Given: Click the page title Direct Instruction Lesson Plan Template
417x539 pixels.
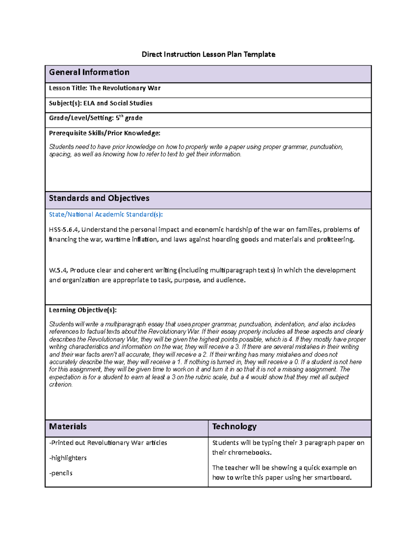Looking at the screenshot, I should click(208, 54).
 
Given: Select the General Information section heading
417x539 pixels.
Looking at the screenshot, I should click(89, 72).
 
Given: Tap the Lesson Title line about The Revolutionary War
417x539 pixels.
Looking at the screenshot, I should click(105, 88).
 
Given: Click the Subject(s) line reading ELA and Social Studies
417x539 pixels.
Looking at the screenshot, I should click(101, 103).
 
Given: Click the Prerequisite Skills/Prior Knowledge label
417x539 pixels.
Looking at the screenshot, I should click(105, 133).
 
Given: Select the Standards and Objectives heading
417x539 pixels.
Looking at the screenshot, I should click(99, 198).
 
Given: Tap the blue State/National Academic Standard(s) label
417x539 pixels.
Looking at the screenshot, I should click(106, 214).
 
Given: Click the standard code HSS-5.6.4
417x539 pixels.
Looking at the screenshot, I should click(64, 230).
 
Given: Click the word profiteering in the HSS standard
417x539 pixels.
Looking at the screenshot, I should click(335, 239).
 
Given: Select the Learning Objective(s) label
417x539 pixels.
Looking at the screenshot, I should click(83, 310).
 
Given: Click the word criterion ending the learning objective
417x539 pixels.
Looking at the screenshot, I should click(61, 385).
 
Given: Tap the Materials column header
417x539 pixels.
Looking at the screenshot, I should click(68, 427).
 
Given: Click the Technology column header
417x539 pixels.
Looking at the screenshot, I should click(234, 427).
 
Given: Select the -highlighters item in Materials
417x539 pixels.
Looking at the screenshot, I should click(68, 458).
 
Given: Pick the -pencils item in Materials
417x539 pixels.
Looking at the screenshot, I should click(61, 473).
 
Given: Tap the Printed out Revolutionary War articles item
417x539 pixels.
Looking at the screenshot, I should click(108, 443).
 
